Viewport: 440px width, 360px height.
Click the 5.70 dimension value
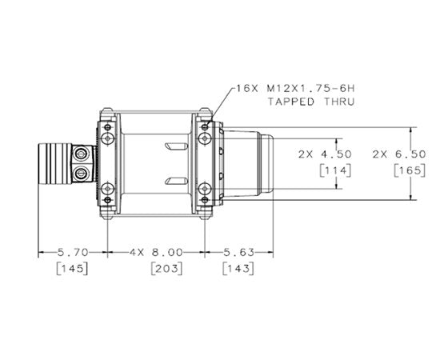point(73,252)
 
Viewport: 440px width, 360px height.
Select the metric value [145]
point(72,269)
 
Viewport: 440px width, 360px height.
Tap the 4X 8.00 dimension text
point(156,252)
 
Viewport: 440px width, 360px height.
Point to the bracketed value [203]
point(166,269)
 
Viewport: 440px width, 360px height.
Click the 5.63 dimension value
point(238,252)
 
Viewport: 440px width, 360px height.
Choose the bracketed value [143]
point(238,269)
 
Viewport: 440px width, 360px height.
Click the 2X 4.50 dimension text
point(325,154)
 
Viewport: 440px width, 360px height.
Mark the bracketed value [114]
point(335,170)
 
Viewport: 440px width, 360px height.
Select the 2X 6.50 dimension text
point(399,154)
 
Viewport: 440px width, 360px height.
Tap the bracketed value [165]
point(410,170)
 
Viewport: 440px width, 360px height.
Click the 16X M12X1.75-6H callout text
point(295,89)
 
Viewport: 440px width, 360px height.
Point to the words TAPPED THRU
point(311,102)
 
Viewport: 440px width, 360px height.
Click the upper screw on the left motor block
point(82,154)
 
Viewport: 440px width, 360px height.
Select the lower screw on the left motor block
point(82,174)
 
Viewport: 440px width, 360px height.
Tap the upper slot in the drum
point(176,146)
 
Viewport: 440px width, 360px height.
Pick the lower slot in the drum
point(176,182)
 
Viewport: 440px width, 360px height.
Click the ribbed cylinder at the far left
point(55,163)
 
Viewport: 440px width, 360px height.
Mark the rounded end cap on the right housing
point(266,163)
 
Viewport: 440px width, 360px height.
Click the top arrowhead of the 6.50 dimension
point(411,130)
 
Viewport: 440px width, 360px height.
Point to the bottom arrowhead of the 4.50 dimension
point(337,186)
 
